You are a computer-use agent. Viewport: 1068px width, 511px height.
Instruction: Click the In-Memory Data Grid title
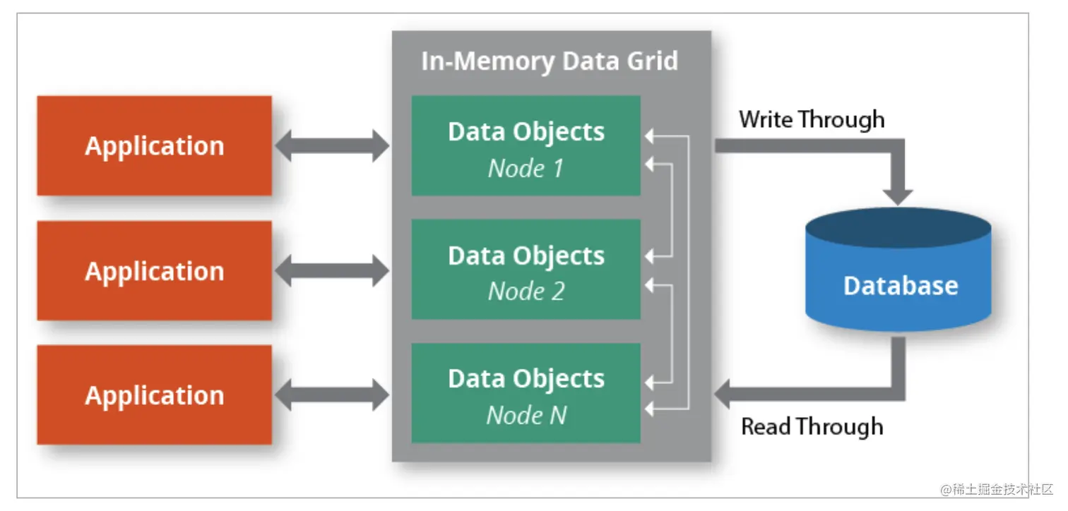tap(550, 61)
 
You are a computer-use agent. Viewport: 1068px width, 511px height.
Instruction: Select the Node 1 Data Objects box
tap(526, 146)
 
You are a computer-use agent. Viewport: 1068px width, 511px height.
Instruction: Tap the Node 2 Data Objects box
tap(526, 269)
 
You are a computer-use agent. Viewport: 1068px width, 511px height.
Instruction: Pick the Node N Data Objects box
tap(526, 393)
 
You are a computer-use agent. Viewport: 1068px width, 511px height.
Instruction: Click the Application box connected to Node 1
tap(154, 146)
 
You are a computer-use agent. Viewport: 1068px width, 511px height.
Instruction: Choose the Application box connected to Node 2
tap(154, 271)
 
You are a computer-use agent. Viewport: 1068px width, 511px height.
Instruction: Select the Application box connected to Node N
tap(154, 395)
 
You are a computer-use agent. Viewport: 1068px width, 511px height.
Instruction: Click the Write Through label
tap(812, 119)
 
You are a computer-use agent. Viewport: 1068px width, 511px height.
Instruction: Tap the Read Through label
tap(812, 426)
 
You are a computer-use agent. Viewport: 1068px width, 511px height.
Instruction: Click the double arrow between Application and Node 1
tap(331, 146)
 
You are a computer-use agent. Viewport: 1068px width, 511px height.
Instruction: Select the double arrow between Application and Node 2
tap(331, 271)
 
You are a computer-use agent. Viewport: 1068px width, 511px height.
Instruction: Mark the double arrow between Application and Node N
tap(331, 395)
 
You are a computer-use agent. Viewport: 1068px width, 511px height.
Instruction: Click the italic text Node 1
tap(526, 169)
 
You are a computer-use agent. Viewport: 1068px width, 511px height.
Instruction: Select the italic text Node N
tap(526, 415)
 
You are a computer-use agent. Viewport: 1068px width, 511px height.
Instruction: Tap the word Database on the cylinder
tap(901, 285)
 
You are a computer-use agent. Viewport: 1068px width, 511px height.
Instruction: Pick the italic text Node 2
tap(526, 291)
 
